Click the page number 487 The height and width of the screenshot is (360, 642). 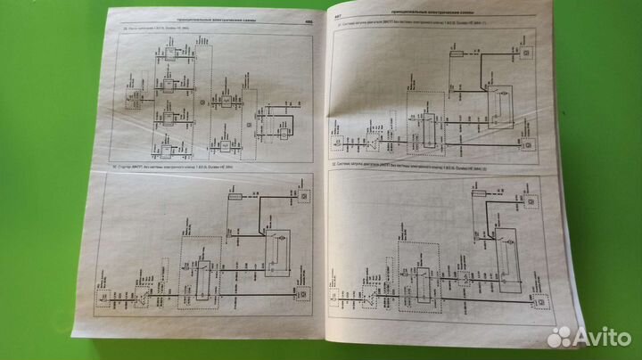339,15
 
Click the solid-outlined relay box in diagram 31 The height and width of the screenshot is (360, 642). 502,92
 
